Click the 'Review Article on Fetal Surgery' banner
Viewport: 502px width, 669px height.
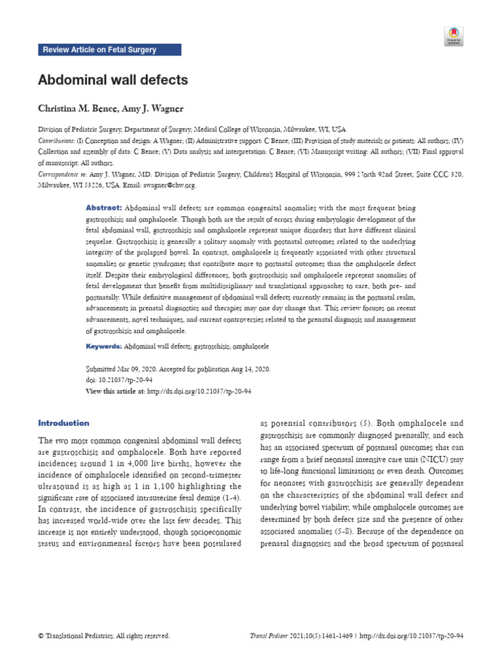[x=109, y=50]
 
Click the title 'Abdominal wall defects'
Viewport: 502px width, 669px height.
[x=113, y=80]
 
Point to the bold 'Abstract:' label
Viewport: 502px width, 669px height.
[x=104, y=207]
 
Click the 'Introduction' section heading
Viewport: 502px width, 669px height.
[x=63, y=423]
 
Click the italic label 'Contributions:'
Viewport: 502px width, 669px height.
[x=56, y=140]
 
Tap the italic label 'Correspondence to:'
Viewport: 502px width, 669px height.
[x=63, y=174]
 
